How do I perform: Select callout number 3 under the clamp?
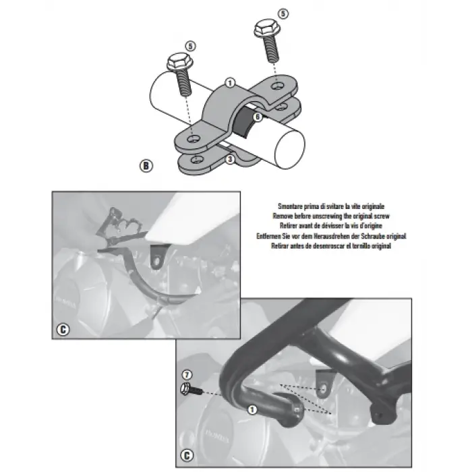pos(230,158)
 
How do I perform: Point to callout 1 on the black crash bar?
pos(252,409)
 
